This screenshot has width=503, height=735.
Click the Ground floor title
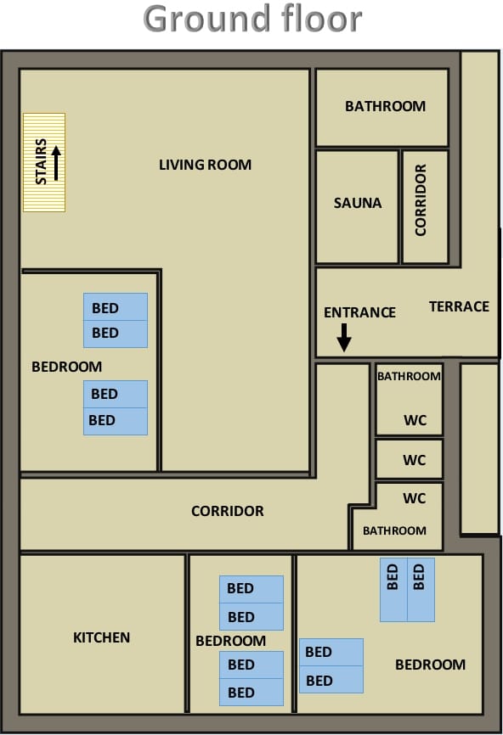pos(252,19)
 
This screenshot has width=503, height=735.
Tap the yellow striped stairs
pos(44,162)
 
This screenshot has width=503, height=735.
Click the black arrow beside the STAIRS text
pos(56,163)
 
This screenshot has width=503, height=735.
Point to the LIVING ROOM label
pos(205,165)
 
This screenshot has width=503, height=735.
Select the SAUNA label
pos(358,203)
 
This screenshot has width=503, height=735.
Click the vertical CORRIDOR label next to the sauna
pos(421,199)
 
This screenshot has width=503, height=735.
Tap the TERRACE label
pos(459,306)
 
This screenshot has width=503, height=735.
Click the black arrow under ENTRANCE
pos(344,338)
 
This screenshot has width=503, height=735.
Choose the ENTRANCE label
pos(359,312)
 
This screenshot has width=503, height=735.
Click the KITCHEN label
pos(101,637)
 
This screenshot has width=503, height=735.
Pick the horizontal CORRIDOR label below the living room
pos(228,511)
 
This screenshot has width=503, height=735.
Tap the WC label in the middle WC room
pos(415,460)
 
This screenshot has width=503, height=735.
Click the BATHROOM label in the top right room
pos(385,106)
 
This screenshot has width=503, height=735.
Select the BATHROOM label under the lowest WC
pos(394,530)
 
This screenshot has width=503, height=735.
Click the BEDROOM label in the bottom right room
pos(430,665)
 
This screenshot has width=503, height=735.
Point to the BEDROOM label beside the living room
pos(66,367)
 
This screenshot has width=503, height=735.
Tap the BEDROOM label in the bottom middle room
pos(230,641)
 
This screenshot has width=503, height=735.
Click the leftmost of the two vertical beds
pos(393,590)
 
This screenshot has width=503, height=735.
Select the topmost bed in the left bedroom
pos(116,307)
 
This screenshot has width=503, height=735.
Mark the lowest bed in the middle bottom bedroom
pos(251,692)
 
